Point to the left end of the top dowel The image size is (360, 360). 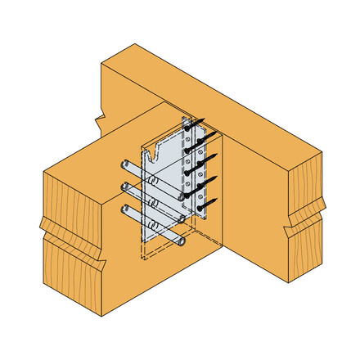click(125, 164)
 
